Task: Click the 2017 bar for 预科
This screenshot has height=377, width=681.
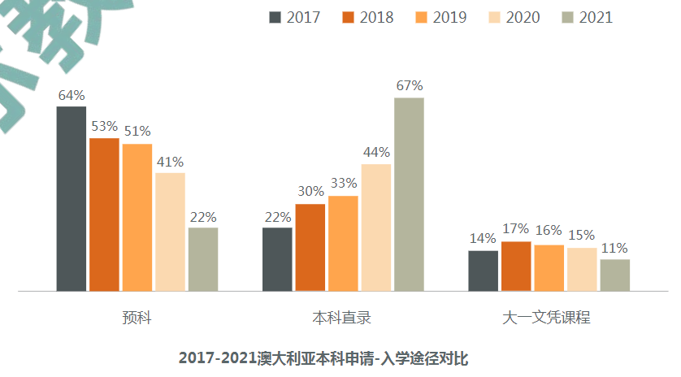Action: pos(72,198)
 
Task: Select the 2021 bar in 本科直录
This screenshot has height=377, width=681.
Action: pos(409,194)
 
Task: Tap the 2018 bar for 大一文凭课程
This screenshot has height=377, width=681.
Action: pos(516,266)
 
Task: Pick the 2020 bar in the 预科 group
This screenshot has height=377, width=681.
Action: pos(170,232)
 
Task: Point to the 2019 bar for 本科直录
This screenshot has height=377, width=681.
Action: pos(343,243)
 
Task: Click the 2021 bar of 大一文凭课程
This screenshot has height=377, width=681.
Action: pos(614,275)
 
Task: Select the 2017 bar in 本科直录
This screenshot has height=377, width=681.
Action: pos(277,258)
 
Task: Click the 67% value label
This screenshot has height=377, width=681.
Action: pos(409,86)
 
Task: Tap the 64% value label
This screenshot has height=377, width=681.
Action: pos(72,95)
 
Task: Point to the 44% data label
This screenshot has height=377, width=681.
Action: pos(376,153)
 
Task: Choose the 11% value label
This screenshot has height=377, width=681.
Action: pos(614,248)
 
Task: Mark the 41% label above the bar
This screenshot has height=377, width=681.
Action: pos(170,162)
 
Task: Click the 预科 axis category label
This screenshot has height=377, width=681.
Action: pos(137,318)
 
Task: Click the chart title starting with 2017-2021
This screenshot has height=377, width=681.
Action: pos(324,357)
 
